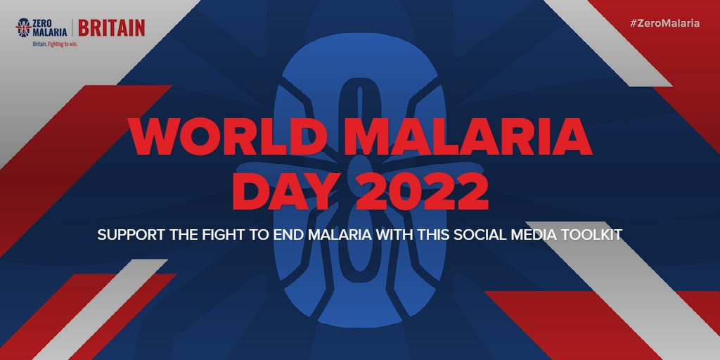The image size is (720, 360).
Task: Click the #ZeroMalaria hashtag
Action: (x=665, y=23)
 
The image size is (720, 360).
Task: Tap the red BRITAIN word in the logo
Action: (x=112, y=28)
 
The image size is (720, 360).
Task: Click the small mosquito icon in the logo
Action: (x=23, y=27)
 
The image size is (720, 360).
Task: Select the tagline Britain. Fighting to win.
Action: (x=51, y=44)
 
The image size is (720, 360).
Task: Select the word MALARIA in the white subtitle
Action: (x=340, y=235)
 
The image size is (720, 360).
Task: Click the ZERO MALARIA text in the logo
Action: (x=50, y=28)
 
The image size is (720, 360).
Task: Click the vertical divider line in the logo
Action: (x=72, y=28)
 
